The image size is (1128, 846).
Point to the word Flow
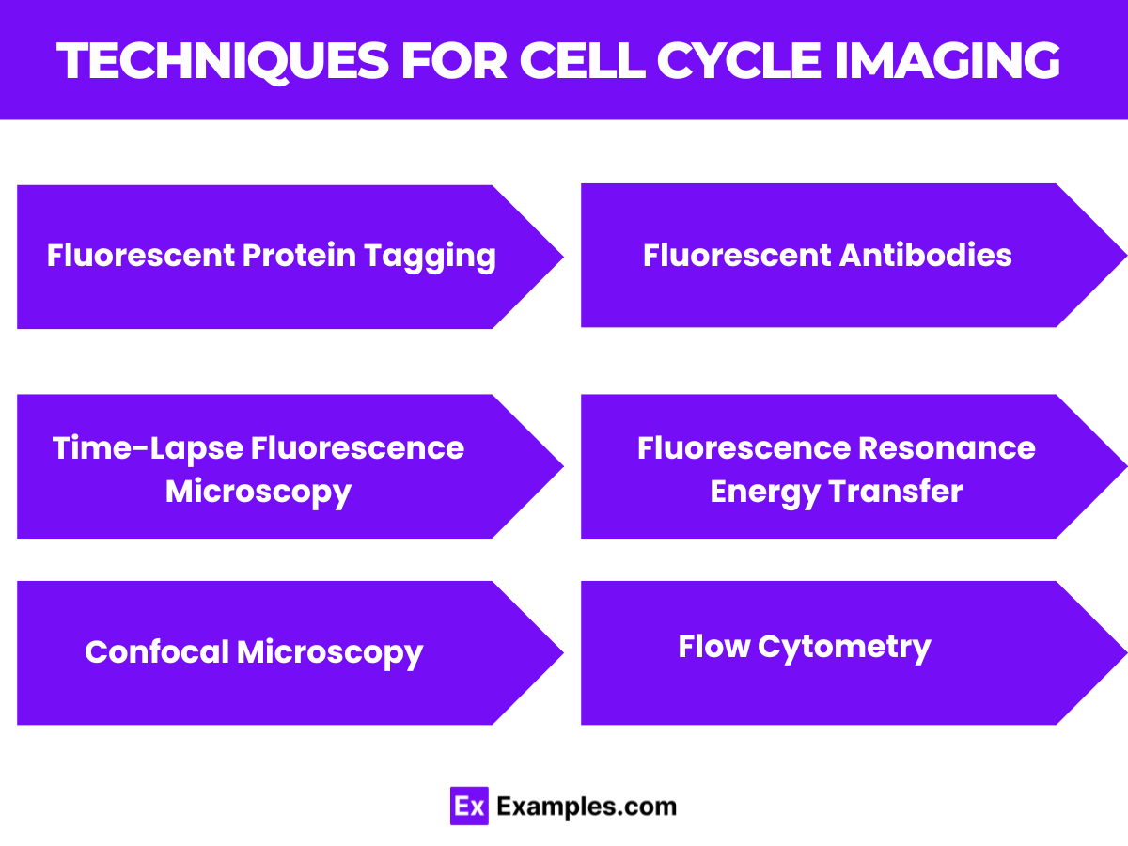pyautogui.click(x=713, y=647)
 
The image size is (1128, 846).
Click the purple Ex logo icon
pyautogui.click(x=468, y=806)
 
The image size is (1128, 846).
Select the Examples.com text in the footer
pyautogui.click(x=586, y=807)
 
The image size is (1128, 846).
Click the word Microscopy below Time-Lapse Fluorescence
pyautogui.click(x=258, y=491)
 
